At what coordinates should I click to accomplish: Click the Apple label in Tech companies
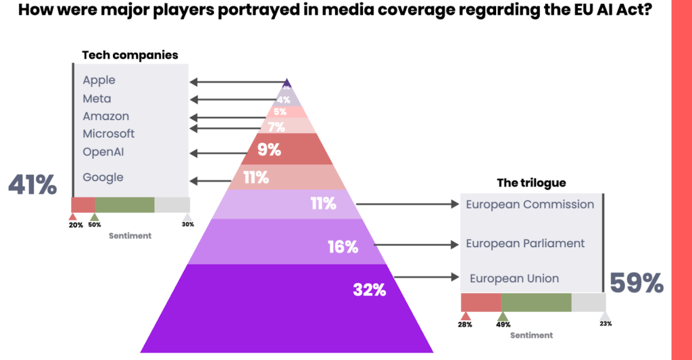click(99, 80)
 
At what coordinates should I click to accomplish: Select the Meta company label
click(97, 99)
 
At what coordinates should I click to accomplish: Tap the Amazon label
click(105, 116)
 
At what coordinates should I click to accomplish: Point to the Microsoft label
click(108, 134)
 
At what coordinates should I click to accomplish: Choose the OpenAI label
click(103, 151)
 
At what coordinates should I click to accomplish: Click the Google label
click(103, 177)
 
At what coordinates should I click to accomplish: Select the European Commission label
click(530, 204)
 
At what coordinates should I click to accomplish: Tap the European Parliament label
click(525, 243)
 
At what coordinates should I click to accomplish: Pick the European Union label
click(514, 278)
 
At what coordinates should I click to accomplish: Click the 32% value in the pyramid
click(369, 290)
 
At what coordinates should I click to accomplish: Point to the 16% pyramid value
click(342, 247)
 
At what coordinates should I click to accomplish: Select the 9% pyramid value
click(269, 149)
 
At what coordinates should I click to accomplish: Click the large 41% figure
click(32, 184)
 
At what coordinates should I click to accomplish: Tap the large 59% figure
click(637, 283)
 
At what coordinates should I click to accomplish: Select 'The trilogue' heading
click(531, 182)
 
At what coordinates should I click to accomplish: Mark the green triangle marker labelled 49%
click(502, 316)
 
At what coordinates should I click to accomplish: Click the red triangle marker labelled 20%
click(74, 217)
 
